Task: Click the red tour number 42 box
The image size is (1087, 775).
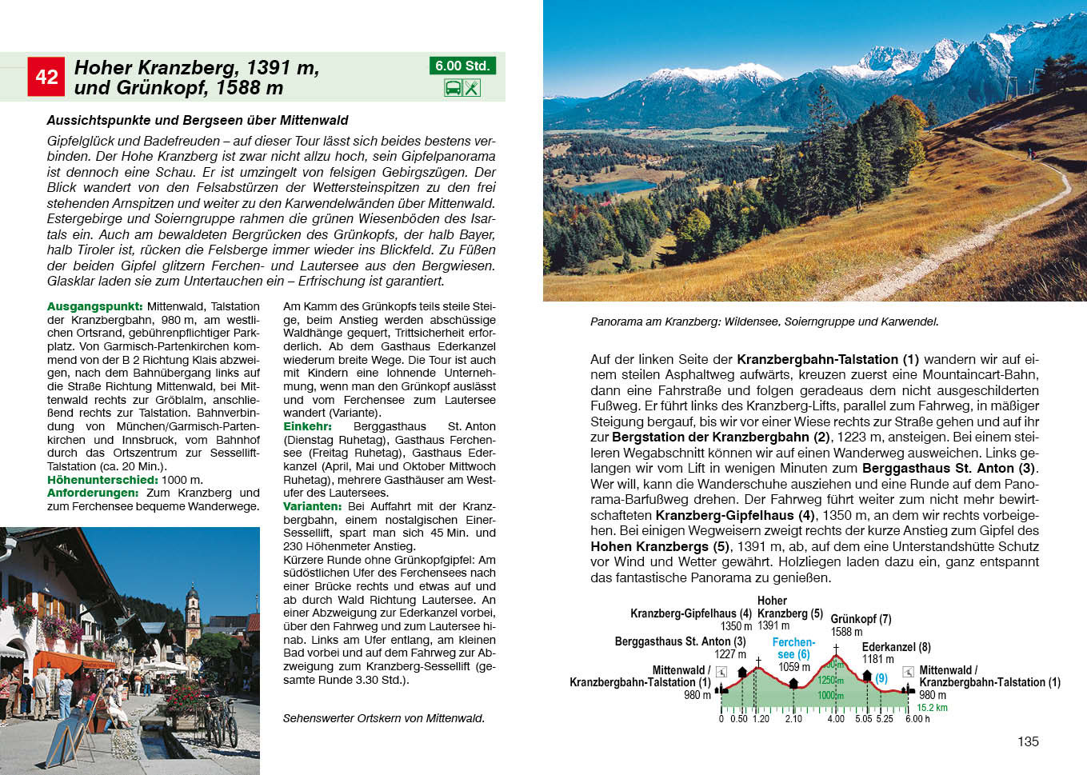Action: pos(46,77)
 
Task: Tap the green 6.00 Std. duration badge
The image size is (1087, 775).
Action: pos(462,66)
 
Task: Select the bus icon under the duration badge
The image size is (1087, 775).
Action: pos(453,88)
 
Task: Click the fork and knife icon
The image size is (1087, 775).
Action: pos(472,88)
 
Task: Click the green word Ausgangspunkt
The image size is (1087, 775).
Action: pos(94,306)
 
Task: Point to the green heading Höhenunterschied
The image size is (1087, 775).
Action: pos(102,480)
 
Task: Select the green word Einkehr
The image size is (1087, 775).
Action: pos(307,426)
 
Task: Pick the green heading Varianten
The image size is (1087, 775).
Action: pos(313,506)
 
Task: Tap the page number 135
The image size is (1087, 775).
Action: pos(1028,741)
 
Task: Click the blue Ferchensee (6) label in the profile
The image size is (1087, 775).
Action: pos(793,648)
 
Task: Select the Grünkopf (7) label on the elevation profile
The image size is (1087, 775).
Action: pos(861,619)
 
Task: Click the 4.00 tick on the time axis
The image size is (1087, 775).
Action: pos(835,718)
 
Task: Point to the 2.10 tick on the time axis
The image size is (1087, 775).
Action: pos(793,718)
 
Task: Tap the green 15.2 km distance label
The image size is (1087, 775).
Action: pos(932,708)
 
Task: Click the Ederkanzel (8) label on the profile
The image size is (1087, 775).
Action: pos(896,647)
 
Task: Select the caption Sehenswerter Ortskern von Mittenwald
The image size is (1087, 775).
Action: pos(383,718)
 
